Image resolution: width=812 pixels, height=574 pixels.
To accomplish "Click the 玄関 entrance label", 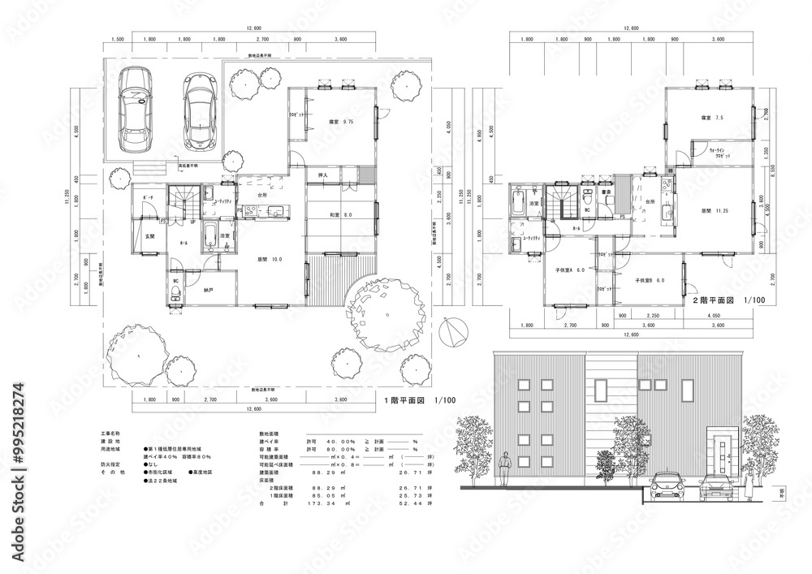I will tap(149, 236).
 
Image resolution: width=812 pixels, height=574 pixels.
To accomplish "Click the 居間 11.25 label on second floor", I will tap(715, 211).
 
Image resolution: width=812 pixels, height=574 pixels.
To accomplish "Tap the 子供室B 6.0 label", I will tap(650, 280).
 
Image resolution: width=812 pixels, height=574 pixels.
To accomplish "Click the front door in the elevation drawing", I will tap(719, 458).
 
